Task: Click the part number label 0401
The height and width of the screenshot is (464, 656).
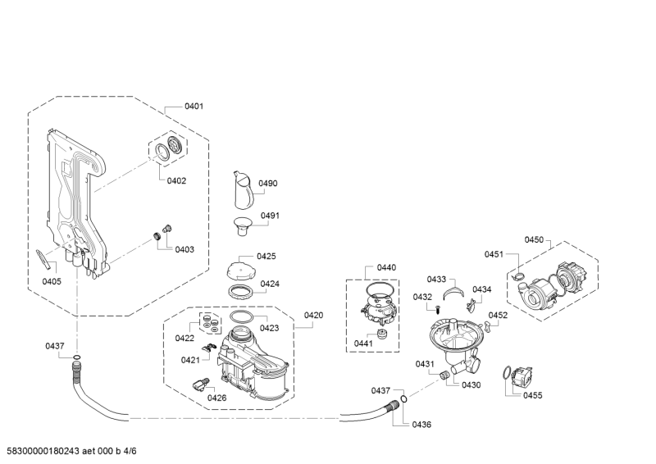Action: click(194, 107)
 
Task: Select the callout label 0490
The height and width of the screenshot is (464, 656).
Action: click(268, 184)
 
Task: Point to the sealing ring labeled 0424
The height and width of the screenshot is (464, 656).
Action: click(239, 292)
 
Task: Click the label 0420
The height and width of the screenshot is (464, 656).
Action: click(313, 316)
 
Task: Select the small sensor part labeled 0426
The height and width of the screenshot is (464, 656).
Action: click(200, 384)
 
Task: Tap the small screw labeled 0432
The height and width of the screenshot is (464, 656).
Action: click(438, 311)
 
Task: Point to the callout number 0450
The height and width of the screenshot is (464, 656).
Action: click(535, 239)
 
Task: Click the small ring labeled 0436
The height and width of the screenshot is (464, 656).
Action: click(403, 398)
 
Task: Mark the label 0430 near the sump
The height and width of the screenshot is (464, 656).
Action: click(471, 385)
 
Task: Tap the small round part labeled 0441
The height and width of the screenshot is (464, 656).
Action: click(382, 334)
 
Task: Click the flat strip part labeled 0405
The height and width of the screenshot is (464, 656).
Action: click(46, 260)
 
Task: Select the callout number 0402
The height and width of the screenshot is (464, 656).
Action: click(176, 180)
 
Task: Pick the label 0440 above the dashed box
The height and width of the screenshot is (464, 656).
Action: click(386, 268)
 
